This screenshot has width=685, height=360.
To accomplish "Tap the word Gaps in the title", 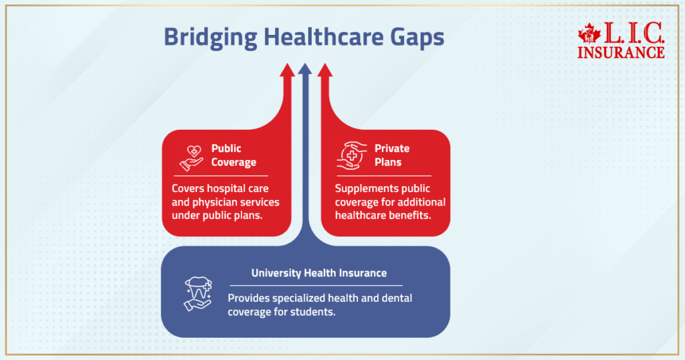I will coord(415,37).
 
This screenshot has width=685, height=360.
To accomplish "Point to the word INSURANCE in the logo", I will coord(621,52).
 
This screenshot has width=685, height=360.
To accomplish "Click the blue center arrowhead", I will coord(305,69).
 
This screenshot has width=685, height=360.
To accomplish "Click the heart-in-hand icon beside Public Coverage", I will coord(191,157).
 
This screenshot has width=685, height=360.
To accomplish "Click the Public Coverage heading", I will coord(233,155).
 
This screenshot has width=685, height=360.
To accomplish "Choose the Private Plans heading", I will coord(392,155).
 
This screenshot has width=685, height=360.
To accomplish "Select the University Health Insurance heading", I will coord(319,273).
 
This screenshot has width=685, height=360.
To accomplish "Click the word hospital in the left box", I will coord(225,189).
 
